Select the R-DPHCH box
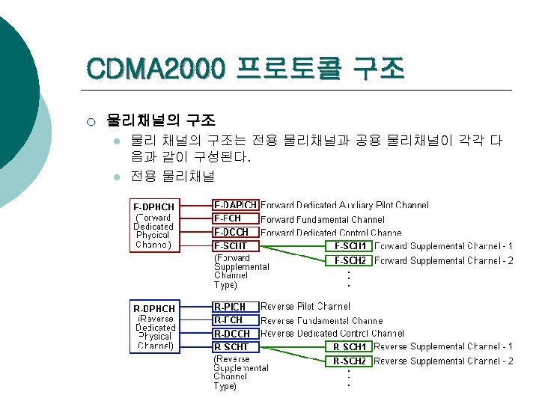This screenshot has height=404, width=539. click(x=155, y=327)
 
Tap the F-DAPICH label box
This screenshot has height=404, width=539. click(x=236, y=205)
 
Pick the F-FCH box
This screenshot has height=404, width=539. click(x=236, y=218)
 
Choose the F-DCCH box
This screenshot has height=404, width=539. click(x=236, y=232)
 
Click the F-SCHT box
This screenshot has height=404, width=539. click(x=236, y=245)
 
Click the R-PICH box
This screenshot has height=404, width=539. click(x=236, y=307)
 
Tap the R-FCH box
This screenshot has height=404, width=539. click(x=236, y=320)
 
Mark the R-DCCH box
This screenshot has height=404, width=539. click(x=236, y=334)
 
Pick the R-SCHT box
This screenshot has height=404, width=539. click(x=236, y=347)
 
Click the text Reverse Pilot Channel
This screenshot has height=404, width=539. click(x=305, y=307)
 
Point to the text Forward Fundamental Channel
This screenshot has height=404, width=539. click(x=323, y=220)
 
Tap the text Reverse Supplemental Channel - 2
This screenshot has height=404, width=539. click(x=443, y=361)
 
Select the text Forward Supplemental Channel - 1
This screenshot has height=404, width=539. click(x=443, y=246)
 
